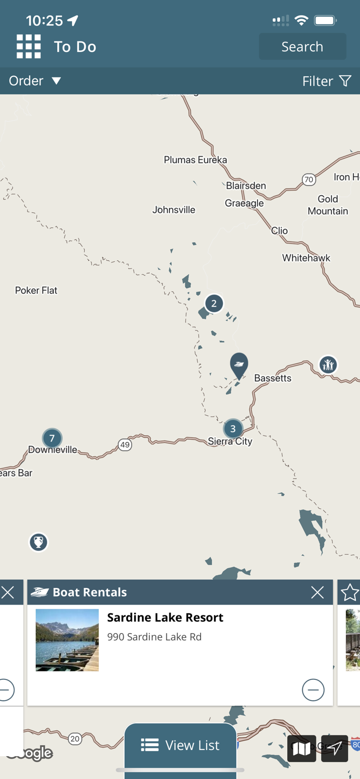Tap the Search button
302,47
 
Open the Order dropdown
35,81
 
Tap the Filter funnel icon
345,81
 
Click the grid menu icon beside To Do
29,47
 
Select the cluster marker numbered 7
52,438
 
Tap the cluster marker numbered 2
214,304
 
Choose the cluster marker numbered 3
233,429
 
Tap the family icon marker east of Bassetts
328,365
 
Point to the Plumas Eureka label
195,160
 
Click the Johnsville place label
174,210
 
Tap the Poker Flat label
36,290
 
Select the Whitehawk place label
306,258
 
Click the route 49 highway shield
125,445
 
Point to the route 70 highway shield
309,180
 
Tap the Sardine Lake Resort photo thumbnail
67,640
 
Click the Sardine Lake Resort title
165,617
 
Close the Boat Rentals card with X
317,592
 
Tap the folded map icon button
301,748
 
